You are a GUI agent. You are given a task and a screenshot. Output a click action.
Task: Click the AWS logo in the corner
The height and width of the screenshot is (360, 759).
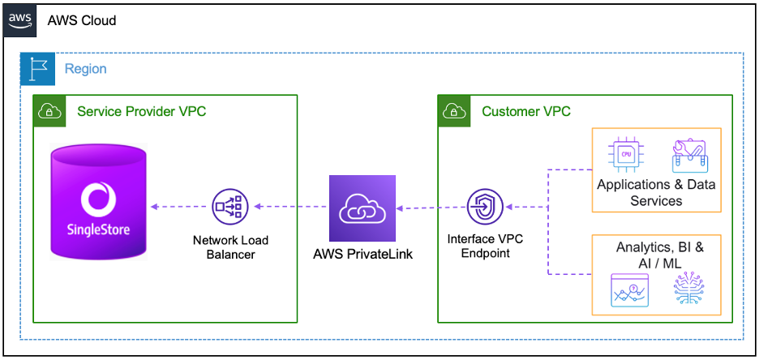(x=20, y=20)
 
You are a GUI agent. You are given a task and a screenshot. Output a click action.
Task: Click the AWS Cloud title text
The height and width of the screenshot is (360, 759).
(x=82, y=20)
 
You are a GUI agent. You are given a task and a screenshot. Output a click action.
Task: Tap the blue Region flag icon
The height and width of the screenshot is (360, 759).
(x=35, y=69)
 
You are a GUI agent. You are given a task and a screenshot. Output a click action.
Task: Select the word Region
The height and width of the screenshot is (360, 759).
(x=85, y=69)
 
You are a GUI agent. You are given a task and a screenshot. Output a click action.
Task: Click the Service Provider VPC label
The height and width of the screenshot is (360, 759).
(x=141, y=111)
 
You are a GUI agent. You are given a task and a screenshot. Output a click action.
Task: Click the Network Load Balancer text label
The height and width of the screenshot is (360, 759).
(x=230, y=247)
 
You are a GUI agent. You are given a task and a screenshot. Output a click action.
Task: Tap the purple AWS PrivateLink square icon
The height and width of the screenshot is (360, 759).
(x=362, y=208)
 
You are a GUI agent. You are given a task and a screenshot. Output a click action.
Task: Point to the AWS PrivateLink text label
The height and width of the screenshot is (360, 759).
(x=362, y=254)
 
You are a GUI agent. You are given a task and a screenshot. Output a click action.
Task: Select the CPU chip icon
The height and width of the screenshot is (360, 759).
(x=625, y=154)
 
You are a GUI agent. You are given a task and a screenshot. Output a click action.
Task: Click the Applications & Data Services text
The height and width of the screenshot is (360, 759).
(x=656, y=192)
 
